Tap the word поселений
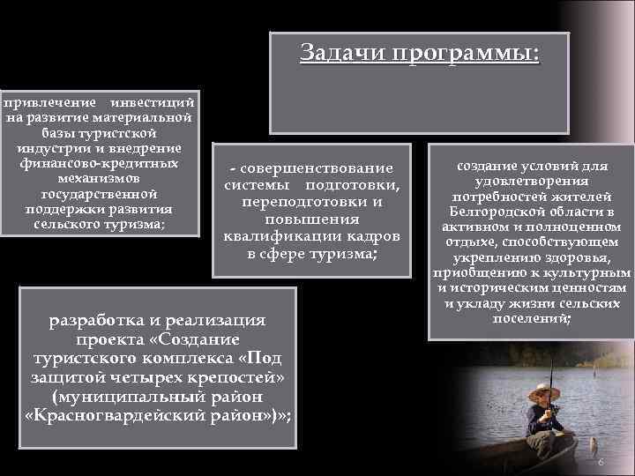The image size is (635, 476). click(x=531, y=318)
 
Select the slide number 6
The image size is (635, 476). click(x=600, y=463)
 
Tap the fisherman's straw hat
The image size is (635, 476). click(x=540, y=388)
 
